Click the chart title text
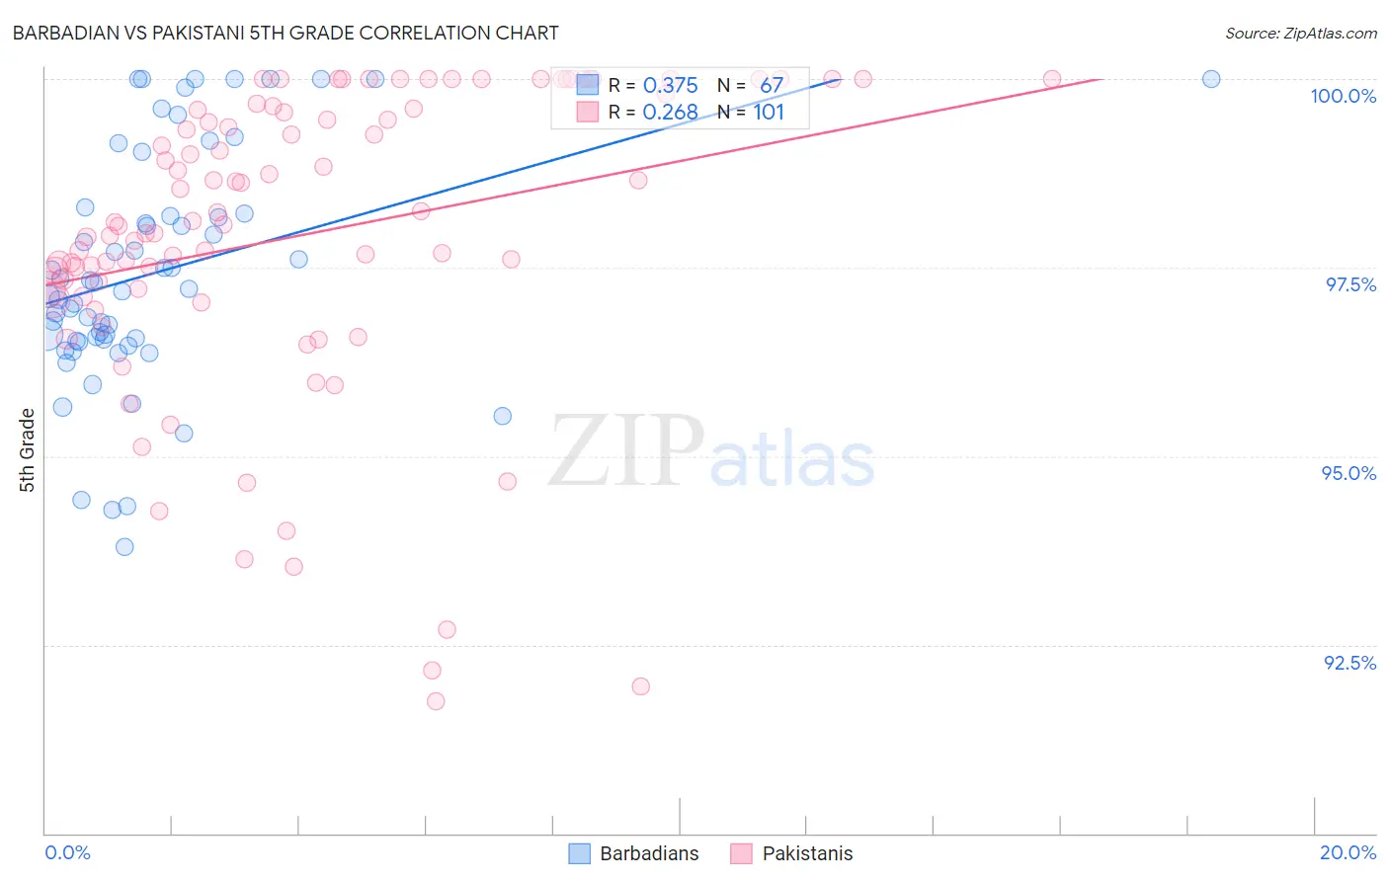click(286, 33)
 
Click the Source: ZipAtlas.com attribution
click(1300, 33)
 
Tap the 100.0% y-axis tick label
click(1343, 96)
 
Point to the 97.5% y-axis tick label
click(1349, 284)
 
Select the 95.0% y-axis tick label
click(1348, 473)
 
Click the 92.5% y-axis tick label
click(1349, 663)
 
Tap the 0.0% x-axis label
click(67, 852)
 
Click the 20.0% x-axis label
click(1348, 852)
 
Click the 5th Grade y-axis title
click(28, 450)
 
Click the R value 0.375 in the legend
click(670, 86)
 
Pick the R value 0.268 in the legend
click(670, 113)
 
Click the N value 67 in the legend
click(771, 86)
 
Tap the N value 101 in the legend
click(769, 113)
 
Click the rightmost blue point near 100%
click(1211, 79)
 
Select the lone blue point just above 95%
click(503, 416)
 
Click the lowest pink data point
click(436, 701)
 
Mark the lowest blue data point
click(124, 546)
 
